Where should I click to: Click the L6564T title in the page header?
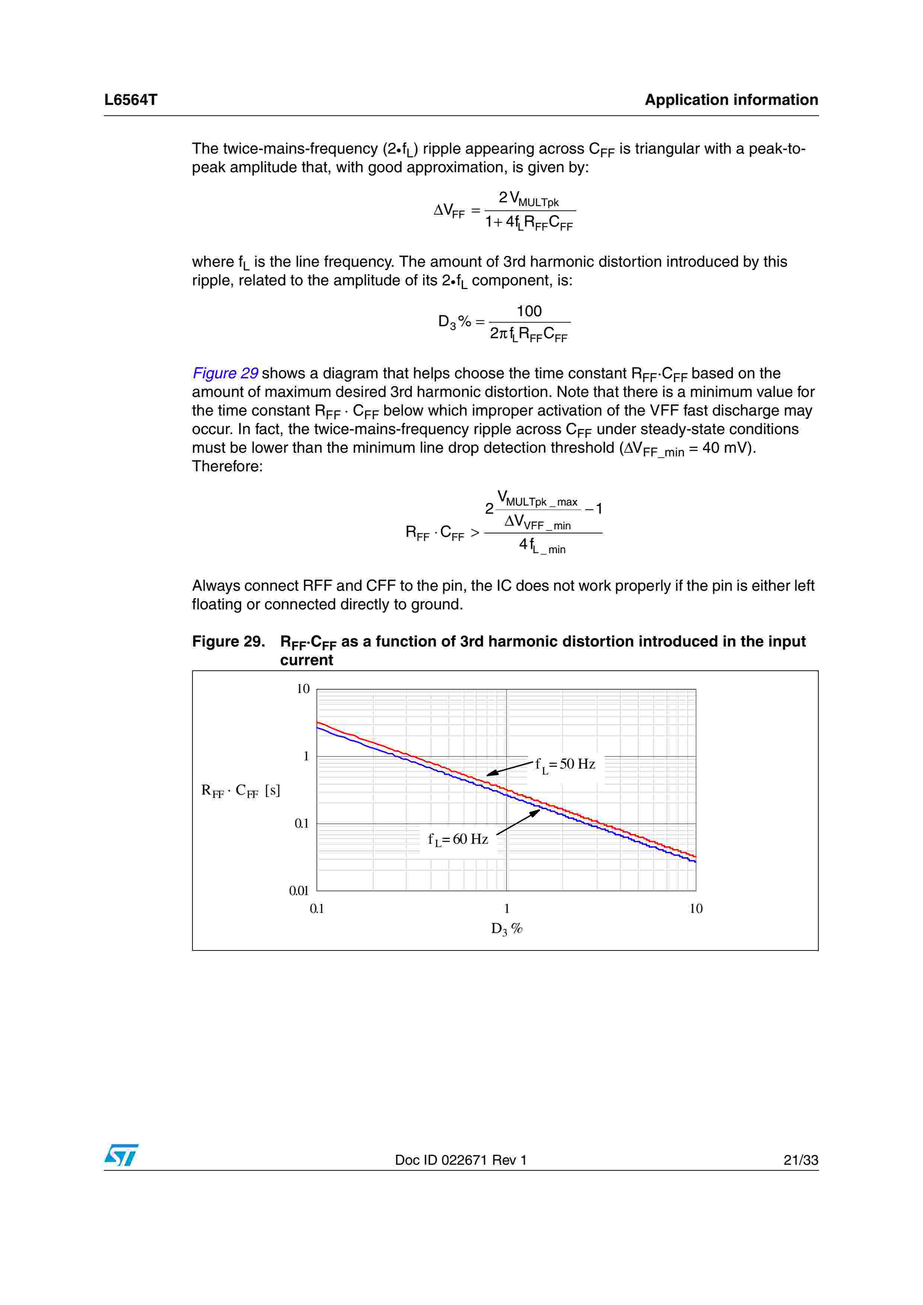(130, 100)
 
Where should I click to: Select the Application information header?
(731, 100)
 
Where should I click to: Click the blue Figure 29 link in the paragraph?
(225, 373)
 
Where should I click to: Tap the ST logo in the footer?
(121, 1155)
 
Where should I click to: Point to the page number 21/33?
(800, 1160)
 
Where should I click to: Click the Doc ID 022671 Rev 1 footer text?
(461, 1160)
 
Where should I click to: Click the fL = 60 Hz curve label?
(458, 840)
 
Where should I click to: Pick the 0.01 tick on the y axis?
(299, 891)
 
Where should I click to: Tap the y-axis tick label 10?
(303, 689)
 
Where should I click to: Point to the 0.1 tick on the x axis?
(317, 909)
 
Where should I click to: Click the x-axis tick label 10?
(696, 909)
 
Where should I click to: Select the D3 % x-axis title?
(506, 929)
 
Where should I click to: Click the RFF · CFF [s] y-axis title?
(241, 791)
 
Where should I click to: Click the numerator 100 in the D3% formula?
(529, 311)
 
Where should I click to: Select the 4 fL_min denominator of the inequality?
(542, 546)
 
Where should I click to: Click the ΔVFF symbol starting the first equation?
(449, 211)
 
